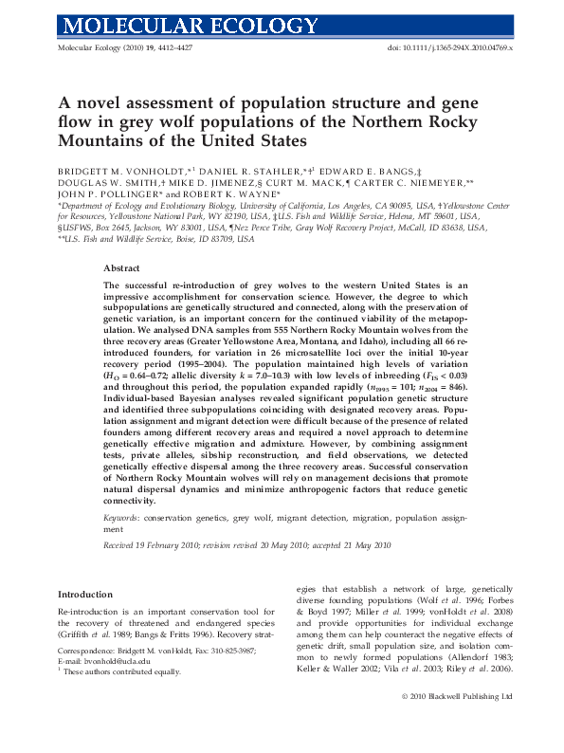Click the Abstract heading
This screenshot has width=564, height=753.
pos(121,269)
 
